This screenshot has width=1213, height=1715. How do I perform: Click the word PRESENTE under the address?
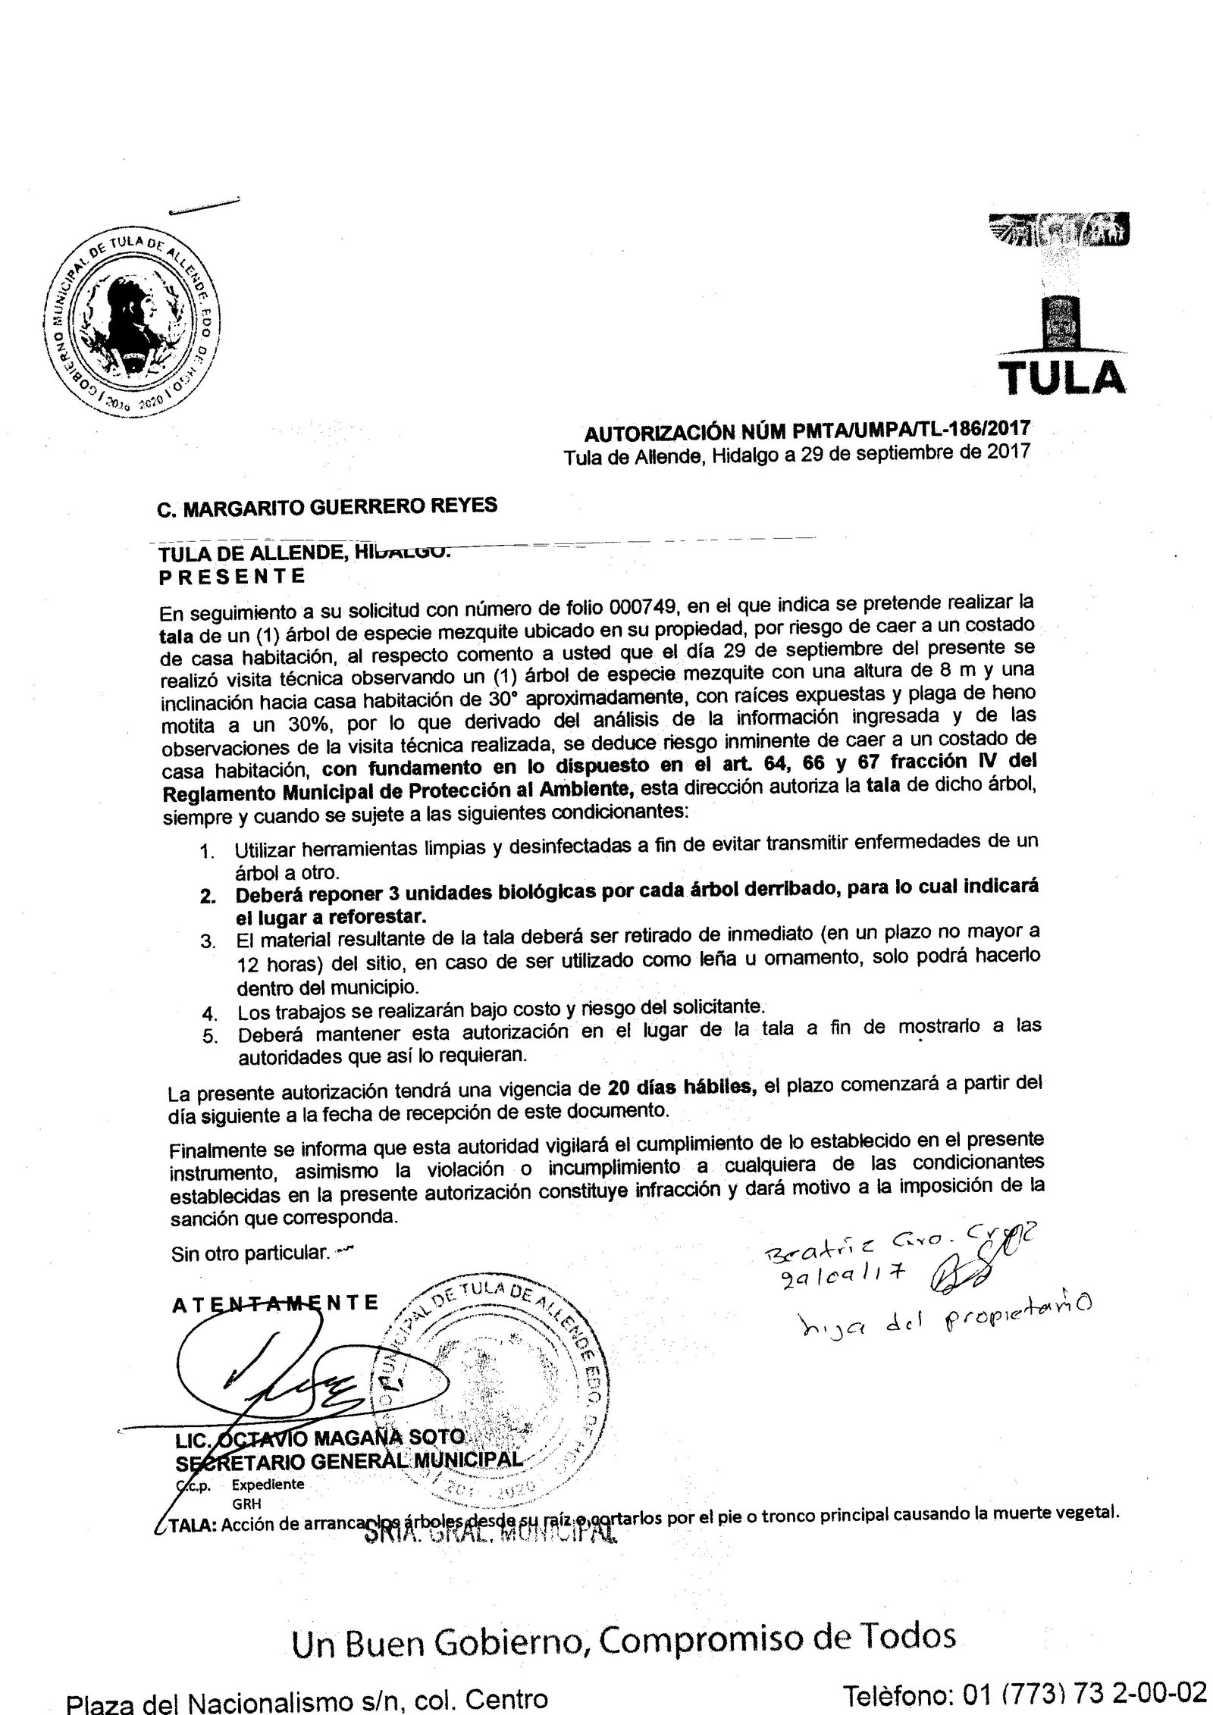click(x=232, y=576)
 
